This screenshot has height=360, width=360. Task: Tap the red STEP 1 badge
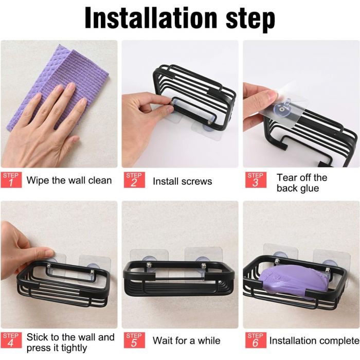click(11, 180)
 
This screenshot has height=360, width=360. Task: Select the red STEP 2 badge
click(133, 180)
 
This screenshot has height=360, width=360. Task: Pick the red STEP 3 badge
click(255, 180)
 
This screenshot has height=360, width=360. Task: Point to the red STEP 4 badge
click(11, 340)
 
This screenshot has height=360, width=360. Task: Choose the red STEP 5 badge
click(133, 340)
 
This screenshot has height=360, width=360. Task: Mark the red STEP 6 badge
click(255, 340)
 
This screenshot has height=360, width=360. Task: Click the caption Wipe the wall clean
click(69, 181)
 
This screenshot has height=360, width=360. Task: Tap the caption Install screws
click(182, 181)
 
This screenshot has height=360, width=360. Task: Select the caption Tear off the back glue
click(301, 183)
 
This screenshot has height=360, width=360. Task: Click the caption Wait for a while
click(186, 340)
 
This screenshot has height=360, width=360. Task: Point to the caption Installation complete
click(314, 340)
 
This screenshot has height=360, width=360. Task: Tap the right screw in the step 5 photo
click(204, 266)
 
